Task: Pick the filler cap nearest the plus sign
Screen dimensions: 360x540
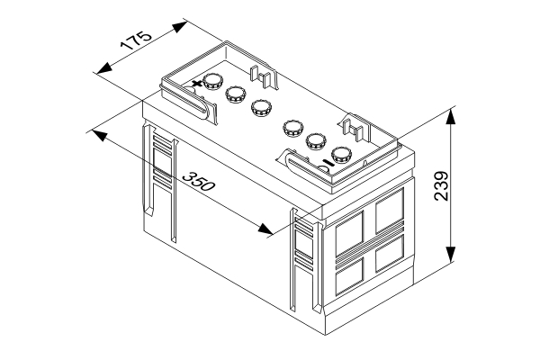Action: coord(213,81)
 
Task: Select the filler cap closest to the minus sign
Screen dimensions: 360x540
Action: coord(341,153)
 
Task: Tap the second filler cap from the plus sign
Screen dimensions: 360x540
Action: coord(236,93)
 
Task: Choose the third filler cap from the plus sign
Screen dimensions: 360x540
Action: coord(261,107)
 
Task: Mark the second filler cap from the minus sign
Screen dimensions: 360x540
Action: coord(317,139)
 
